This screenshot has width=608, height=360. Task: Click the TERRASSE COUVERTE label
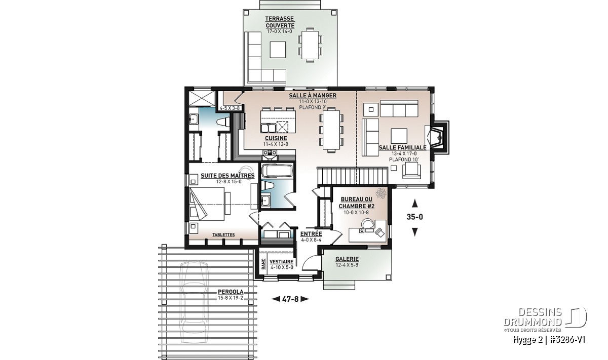tap(280, 22)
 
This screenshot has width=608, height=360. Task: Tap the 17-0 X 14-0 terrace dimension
tap(279, 31)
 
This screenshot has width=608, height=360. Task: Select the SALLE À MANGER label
tap(313, 96)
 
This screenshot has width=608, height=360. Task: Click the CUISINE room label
tap(276, 138)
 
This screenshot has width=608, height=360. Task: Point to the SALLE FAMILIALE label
tap(402, 147)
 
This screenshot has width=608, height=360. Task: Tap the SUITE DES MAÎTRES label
tap(227, 176)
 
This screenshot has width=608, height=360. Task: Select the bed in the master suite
tap(208, 204)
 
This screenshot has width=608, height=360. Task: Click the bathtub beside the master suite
tap(277, 171)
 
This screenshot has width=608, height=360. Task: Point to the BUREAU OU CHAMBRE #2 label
tap(356, 203)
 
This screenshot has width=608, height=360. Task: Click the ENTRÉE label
tap(311, 234)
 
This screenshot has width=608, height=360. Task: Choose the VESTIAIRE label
tap(282, 262)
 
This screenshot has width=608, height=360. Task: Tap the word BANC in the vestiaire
tap(263, 264)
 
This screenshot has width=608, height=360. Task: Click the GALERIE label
tap(347, 259)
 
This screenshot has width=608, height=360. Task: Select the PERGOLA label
tap(231, 292)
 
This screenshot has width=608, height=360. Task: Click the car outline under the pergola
tap(195, 302)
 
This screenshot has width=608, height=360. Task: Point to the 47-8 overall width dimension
tap(290, 299)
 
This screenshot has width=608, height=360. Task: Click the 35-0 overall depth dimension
tap(414, 217)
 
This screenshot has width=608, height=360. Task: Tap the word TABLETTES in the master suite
tap(223, 234)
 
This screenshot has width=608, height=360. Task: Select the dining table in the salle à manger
tap(331, 130)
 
